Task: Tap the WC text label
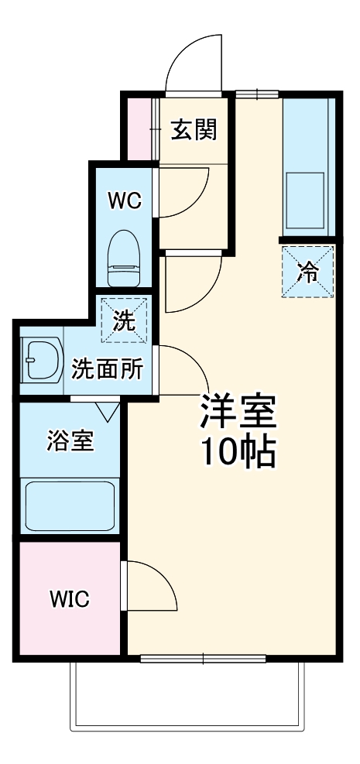pyautogui.click(x=125, y=201)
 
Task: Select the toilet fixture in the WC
pyautogui.click(x=123, y=259)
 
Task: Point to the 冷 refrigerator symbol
pyautogui.click(x=308, y=271)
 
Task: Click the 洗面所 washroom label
pyautogui.click(x=107, y=368)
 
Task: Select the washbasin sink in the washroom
pyautogui.click(x=39, y=361)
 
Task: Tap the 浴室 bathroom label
pyautogui.click(x=70, y=441)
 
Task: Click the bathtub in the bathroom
pyautogui.click(x=70, y=506)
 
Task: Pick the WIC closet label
pyautogui.click(x=70, y=598)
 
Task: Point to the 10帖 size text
pyautogui.click(x=238, y=451)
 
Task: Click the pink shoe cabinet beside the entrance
pyautogui.click(x=140, y=127)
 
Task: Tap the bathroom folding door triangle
pyautogui.click(x=108, y=409)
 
